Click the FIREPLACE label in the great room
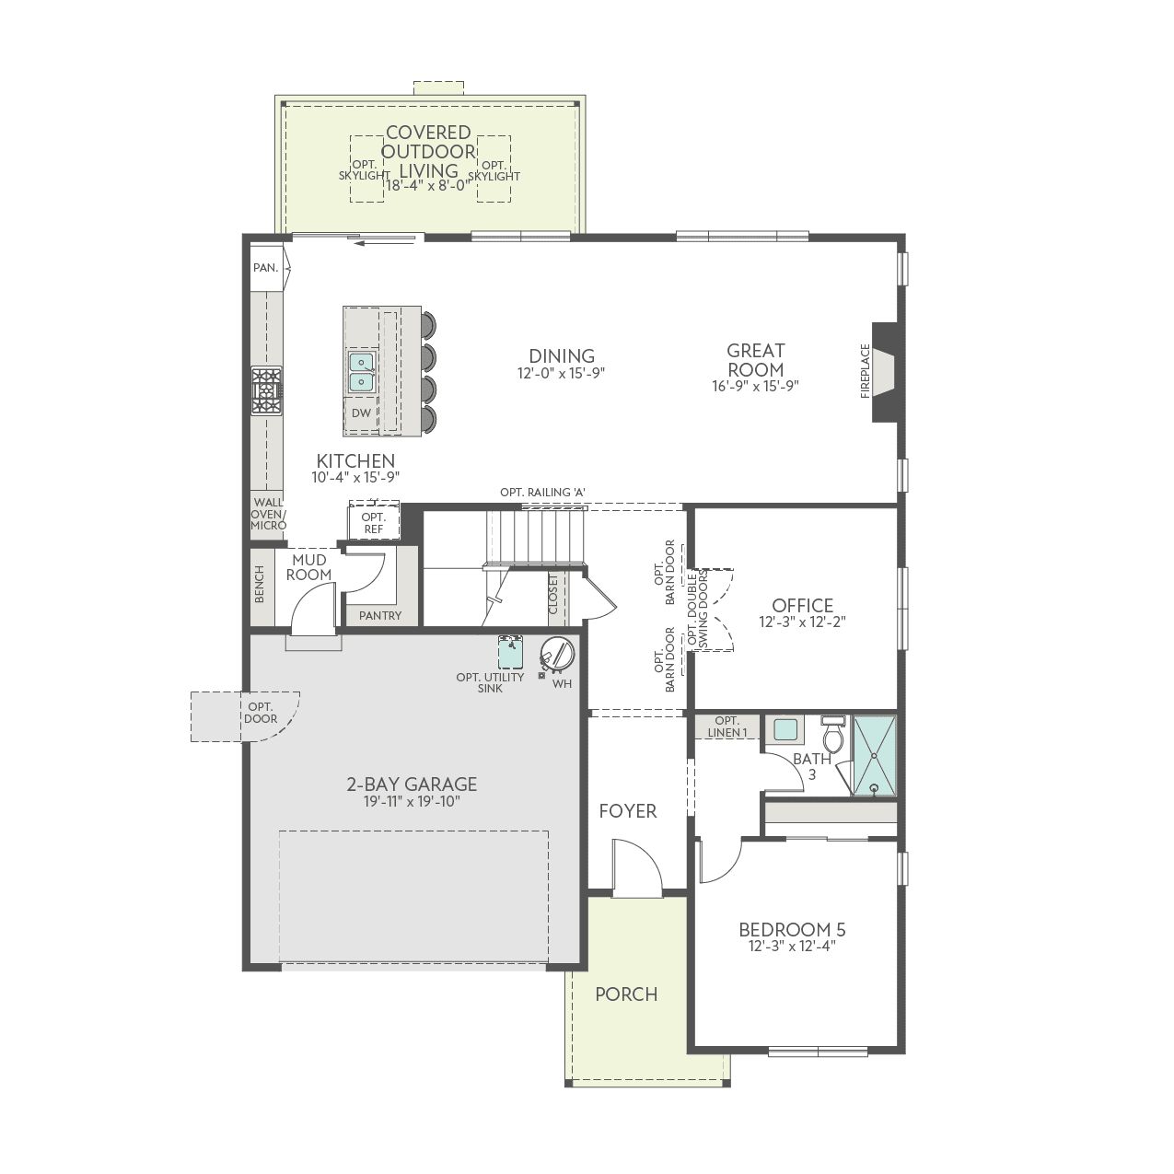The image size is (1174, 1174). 866,371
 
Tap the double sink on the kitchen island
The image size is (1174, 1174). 362,371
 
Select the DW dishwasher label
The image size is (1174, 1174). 361,413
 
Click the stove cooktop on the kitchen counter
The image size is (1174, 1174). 267,390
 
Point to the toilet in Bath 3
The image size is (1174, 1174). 832,735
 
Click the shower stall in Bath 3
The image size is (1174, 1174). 875,755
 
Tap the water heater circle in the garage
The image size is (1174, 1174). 557,654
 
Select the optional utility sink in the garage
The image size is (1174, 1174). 510,652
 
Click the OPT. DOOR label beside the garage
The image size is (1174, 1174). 261,713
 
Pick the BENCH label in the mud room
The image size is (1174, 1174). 260,585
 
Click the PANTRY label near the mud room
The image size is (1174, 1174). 380,616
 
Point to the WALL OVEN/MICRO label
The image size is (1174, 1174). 268,514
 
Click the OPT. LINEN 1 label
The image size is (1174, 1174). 727,726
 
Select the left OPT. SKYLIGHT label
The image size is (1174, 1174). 365,170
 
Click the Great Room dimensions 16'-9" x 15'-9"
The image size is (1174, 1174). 755,386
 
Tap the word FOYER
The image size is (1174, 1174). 628,811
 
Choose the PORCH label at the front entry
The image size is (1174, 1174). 626,994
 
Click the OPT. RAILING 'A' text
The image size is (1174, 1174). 543,493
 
